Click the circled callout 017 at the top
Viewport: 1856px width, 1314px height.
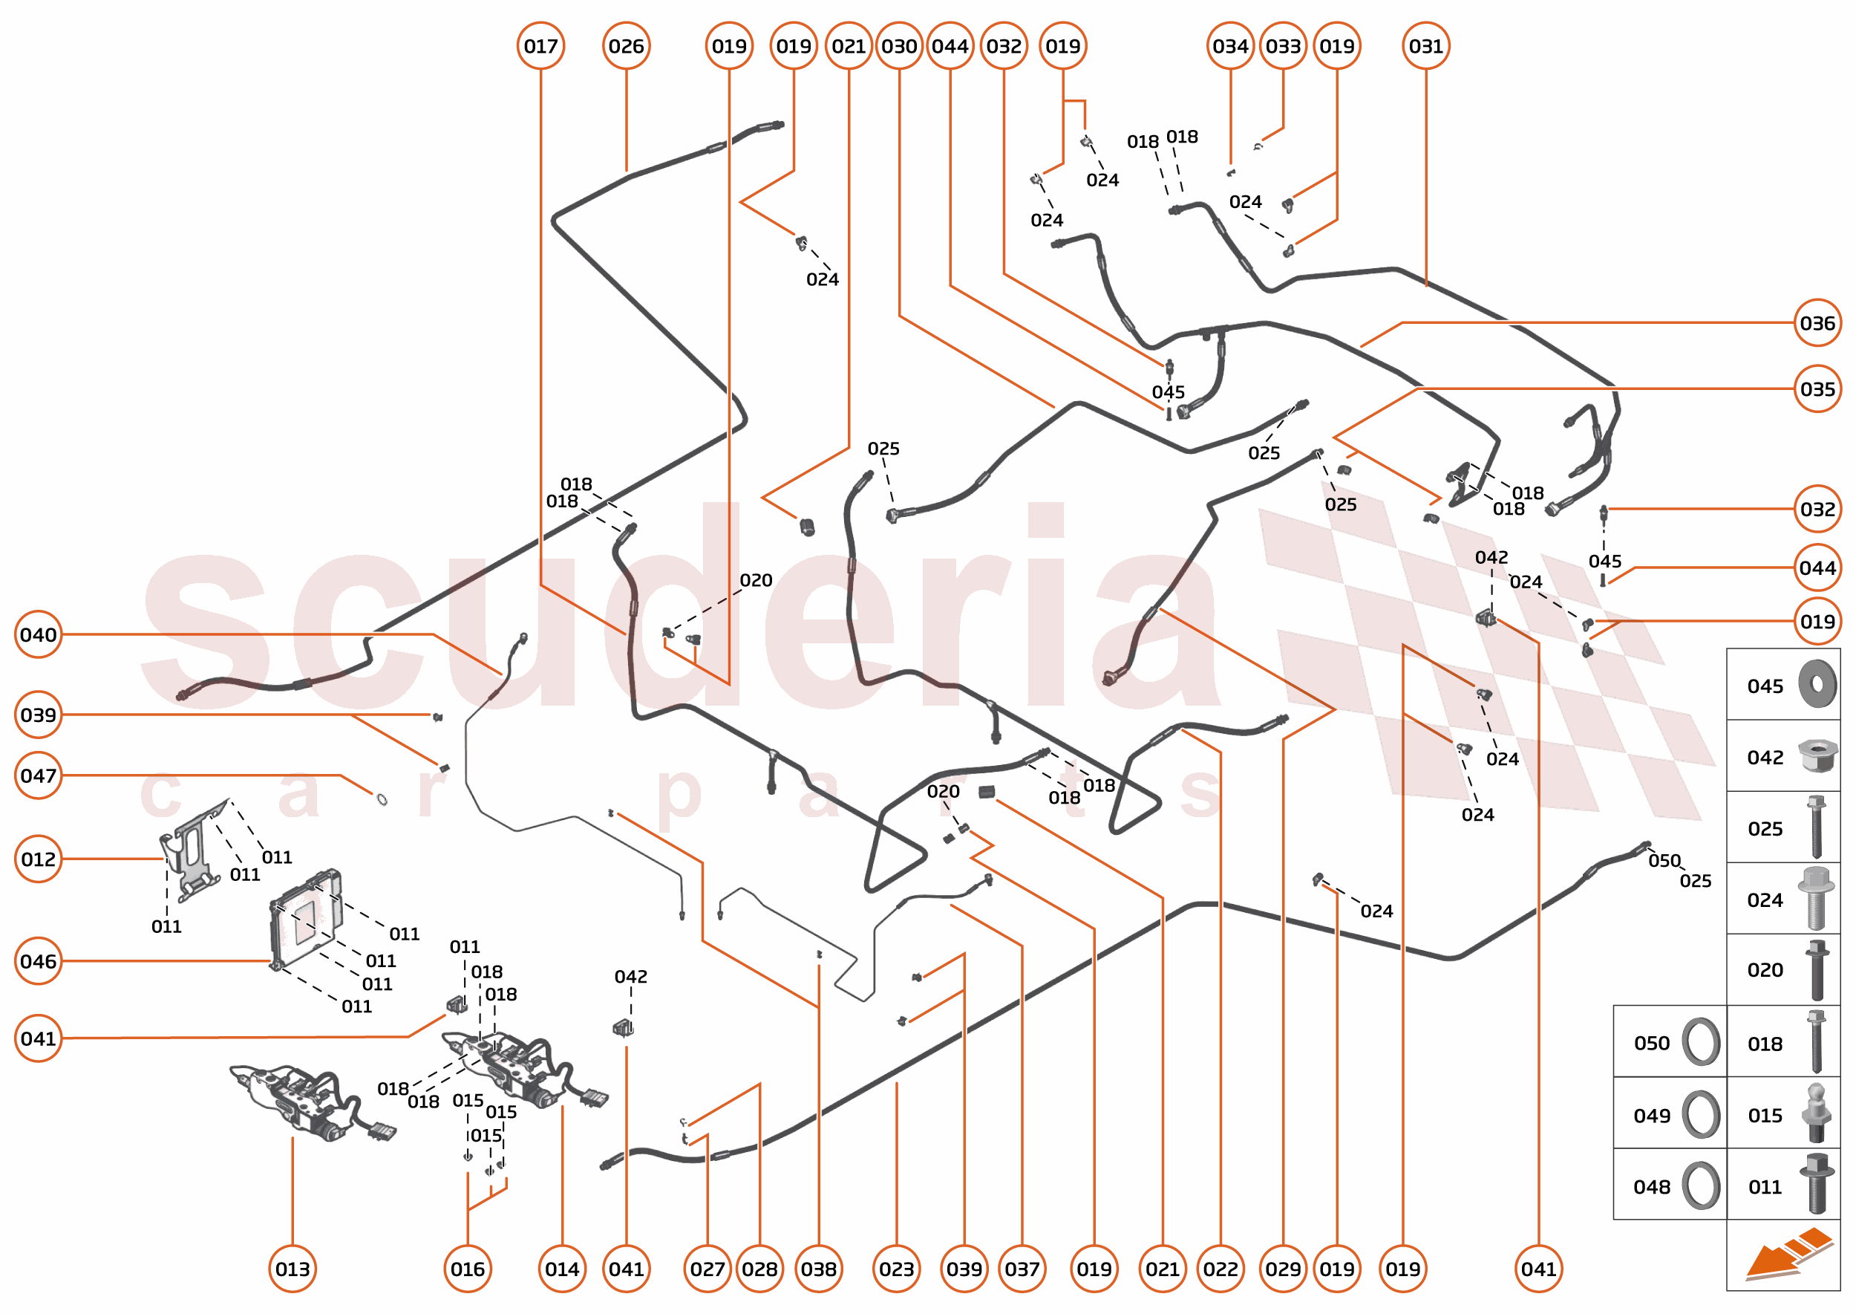540,46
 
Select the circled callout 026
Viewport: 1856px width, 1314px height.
626,46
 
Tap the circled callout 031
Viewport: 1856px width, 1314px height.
1425,46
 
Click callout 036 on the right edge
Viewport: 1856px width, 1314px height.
1817,323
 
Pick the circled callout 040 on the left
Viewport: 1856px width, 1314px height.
38,634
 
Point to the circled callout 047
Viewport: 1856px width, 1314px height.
38,775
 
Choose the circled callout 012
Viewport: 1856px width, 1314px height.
38,859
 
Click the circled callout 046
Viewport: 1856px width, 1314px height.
38,961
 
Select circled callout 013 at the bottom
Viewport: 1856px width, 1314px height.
292,1269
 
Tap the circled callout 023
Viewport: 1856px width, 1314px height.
896,1269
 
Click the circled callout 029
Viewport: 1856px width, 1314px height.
1283,1269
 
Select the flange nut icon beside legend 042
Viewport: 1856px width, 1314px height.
1817,755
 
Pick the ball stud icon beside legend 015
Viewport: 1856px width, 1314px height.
1817,1114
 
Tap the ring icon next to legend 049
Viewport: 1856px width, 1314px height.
1701,1115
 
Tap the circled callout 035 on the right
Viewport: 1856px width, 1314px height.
1817,389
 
